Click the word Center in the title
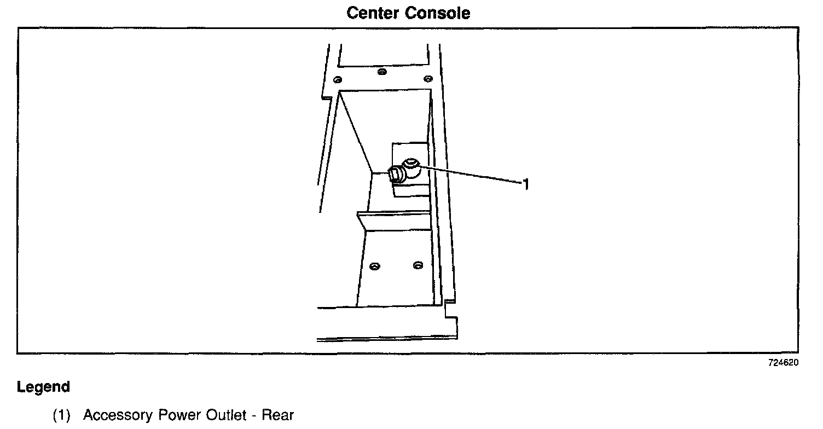click(374, 13)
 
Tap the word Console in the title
click(438, 13)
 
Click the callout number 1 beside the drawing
click(526, 185)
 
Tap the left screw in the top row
click(339, 77)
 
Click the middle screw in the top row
click(382, 71)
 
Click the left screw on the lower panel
click(374, 266)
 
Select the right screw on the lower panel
click(418, 265)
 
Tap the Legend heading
click(44, 387)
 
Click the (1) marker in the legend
click(61, 415)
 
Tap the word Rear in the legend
click(278, 415)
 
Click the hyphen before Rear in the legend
click(254, 416)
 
